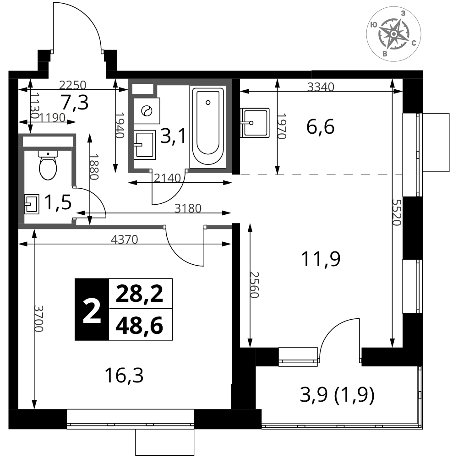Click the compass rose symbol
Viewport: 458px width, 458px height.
(393, 34)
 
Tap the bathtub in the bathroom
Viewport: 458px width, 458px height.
(208, 127)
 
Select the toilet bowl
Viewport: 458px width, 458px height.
(48, 165)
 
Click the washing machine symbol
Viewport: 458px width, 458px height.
(147, 111)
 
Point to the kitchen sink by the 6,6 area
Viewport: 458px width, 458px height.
(255, 123)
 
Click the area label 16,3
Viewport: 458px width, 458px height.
(124, 376)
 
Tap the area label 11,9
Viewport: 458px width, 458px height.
(321, 259)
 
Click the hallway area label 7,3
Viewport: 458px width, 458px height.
(75, 103)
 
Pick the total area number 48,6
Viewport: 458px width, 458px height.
(140, 326)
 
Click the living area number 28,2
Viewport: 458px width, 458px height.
(140, 294)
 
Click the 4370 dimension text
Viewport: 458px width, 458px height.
(125, 240)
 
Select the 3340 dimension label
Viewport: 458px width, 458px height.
(321, 87)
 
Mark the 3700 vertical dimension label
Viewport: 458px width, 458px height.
(38, 319)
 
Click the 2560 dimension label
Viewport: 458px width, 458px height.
(254, 285)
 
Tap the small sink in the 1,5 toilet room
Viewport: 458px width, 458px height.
(32, 204)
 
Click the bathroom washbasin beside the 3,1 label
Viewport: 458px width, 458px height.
(145, 145)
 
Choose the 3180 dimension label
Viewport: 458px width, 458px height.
(188, 208)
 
